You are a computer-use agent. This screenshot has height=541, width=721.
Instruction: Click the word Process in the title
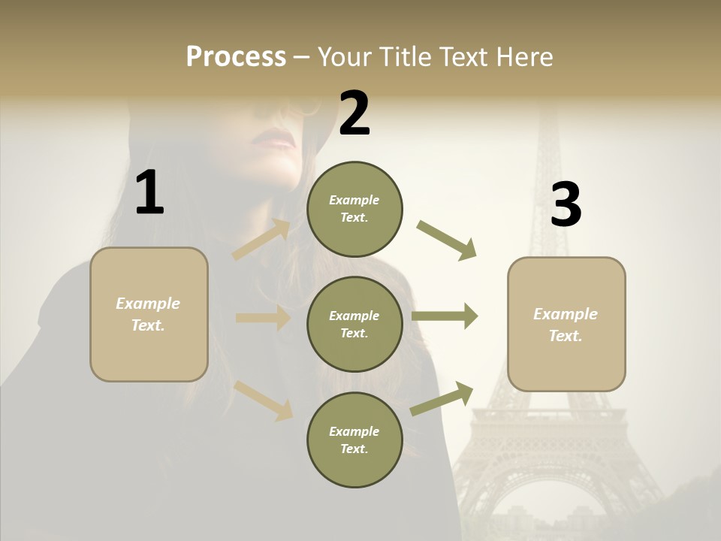click(x=236, y=57)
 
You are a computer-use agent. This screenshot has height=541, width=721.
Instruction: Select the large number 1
click(x=149, y=193)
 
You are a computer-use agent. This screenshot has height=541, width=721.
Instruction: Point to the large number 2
click(x=354, y=113)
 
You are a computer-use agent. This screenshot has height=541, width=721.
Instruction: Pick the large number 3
click(x=566, y=204)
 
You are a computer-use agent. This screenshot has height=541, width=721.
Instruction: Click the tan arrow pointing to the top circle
click(x=261, y=240)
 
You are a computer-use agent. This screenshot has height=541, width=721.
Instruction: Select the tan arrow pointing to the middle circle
click(x=263, y=318)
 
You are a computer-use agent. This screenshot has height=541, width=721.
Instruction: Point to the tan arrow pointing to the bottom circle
click(x=264, y=400)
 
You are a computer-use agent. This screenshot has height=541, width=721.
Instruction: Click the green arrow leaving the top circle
click(x=447, y=240)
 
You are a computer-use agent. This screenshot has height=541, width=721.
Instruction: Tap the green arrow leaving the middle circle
click(x=445, y=316)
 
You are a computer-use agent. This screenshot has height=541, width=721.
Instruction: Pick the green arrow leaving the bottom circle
click(x=442, y=398)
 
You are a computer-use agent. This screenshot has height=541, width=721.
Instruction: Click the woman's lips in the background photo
click(x=274, y=139)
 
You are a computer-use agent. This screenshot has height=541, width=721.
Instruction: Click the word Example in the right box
click(x=566, y=314)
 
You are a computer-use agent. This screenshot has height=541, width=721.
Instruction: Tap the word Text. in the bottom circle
click(x=354, y=449)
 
